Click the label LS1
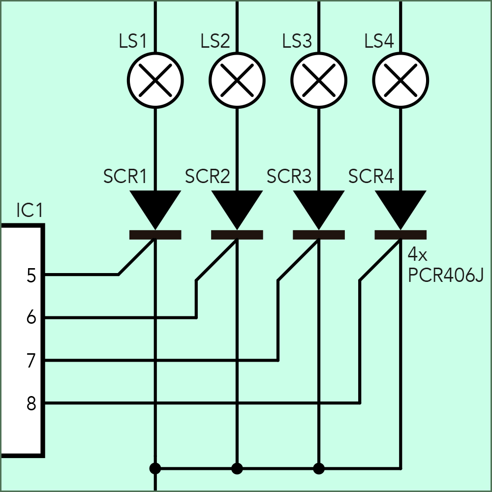[133, 41]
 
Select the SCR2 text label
[207, 176]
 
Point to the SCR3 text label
[289, 176]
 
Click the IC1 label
[30, 211]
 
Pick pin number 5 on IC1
[31, 276]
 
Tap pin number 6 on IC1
[31, 318]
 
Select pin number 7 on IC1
[31, 361]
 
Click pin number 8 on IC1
[31, 404]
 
